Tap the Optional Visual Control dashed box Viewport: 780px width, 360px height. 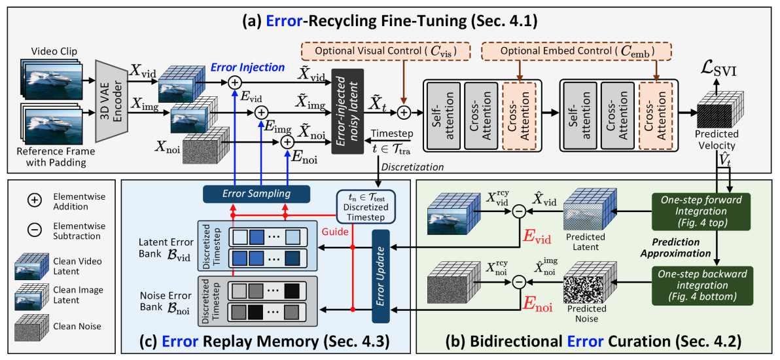(387, 52)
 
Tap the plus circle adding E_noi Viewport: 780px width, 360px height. (287, 143)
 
